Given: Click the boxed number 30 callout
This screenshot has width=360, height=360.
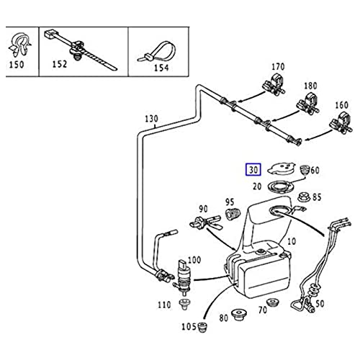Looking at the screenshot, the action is coord(253,170).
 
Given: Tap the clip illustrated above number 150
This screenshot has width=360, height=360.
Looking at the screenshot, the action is coord(19,45).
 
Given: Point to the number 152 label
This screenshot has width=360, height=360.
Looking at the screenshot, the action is coord(60,64).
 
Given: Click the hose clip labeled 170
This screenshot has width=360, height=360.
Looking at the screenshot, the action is coord(274,84).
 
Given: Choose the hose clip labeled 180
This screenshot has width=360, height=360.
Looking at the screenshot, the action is coord(307,104).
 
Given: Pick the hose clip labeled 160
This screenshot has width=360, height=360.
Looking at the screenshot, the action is coord(341,122).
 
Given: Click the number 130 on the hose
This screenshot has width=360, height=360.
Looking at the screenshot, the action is coord(152,119).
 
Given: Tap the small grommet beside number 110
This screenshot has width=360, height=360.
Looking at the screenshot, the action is coord(185,305).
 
